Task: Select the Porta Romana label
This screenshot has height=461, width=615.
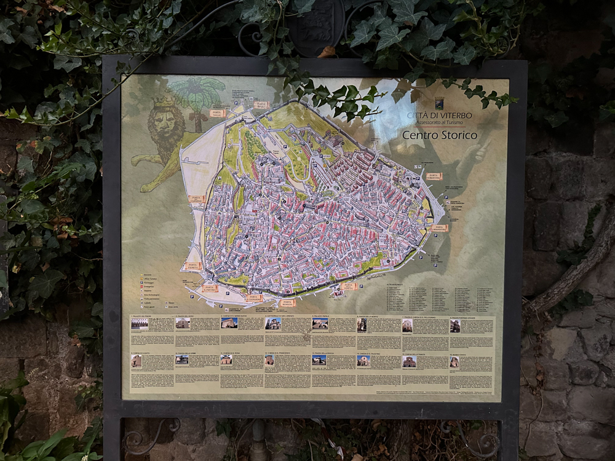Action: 287,302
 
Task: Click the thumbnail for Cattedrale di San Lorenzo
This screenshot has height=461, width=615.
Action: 273,323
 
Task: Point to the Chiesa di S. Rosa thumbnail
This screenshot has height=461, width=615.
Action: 226,360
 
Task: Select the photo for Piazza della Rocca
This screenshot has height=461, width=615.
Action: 319,360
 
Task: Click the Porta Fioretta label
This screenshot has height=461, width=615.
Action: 192,266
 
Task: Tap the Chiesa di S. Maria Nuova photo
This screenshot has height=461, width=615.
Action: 229,323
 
